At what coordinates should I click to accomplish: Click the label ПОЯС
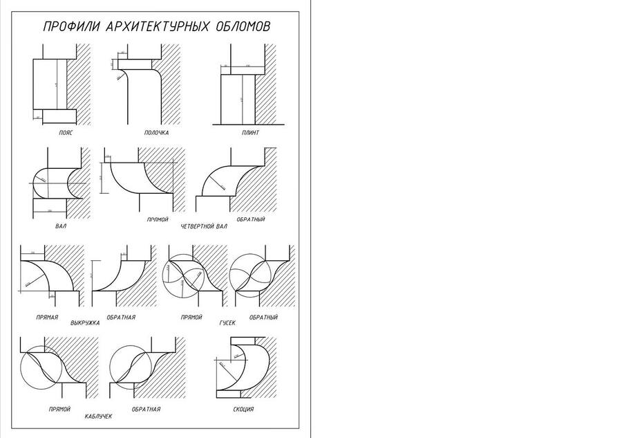(66, 132)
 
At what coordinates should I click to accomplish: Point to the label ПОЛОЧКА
(156, 132)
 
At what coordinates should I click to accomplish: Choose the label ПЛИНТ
(250, 132)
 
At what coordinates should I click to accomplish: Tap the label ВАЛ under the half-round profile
(60, 226)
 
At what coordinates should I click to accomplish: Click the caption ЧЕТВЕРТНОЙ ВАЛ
(204, 226)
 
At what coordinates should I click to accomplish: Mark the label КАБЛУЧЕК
(98, 416)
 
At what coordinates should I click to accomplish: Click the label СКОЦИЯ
(243, 409)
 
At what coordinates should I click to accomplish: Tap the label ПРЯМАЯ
(47, 317)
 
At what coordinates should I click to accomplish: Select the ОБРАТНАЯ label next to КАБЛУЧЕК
(146, 409)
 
